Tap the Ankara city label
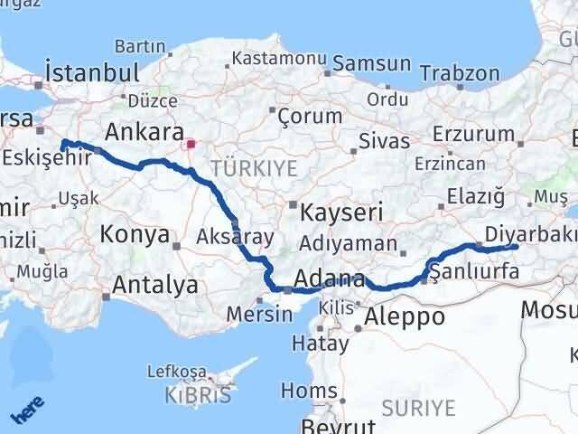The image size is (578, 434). pyautogui.click(x=144, y=132)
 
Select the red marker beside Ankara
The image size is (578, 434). pyautogui.click(x=190, y=143)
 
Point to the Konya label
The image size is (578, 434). pyautogui.click(x=135, y=234)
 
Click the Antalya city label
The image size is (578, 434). pyautogui.click(x=155, y=286)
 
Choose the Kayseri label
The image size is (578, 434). pyautogui.click(x=341, y=212)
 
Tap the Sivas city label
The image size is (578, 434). pyautogui.click(x=384, y=141)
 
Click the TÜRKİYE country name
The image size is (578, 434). pyautogui.click(x=241, y=167)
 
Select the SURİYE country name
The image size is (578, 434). pyautogui.click(x=418, y=408)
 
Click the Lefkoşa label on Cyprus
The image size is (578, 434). pyautogui.click(x=180, y=373)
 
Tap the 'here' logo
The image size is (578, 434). pyautogui.click(x=26, y=410)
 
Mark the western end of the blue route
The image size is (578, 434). pyautogui.click(x=62, y=143)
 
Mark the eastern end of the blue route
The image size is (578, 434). pyautogui.click(x=515, y=246)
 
